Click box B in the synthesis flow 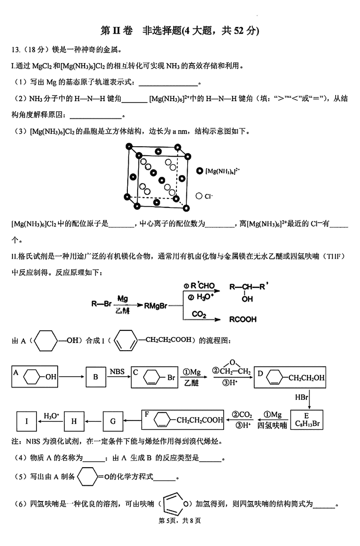coord(95,377)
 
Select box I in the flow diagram coord(27,422)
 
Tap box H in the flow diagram coord(74,422)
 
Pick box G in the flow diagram coord(113,422)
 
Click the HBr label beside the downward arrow coord(301,397)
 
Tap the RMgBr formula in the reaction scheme coord(156,306)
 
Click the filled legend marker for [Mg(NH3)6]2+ coord(199,171)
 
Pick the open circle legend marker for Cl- coord(199,196)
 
